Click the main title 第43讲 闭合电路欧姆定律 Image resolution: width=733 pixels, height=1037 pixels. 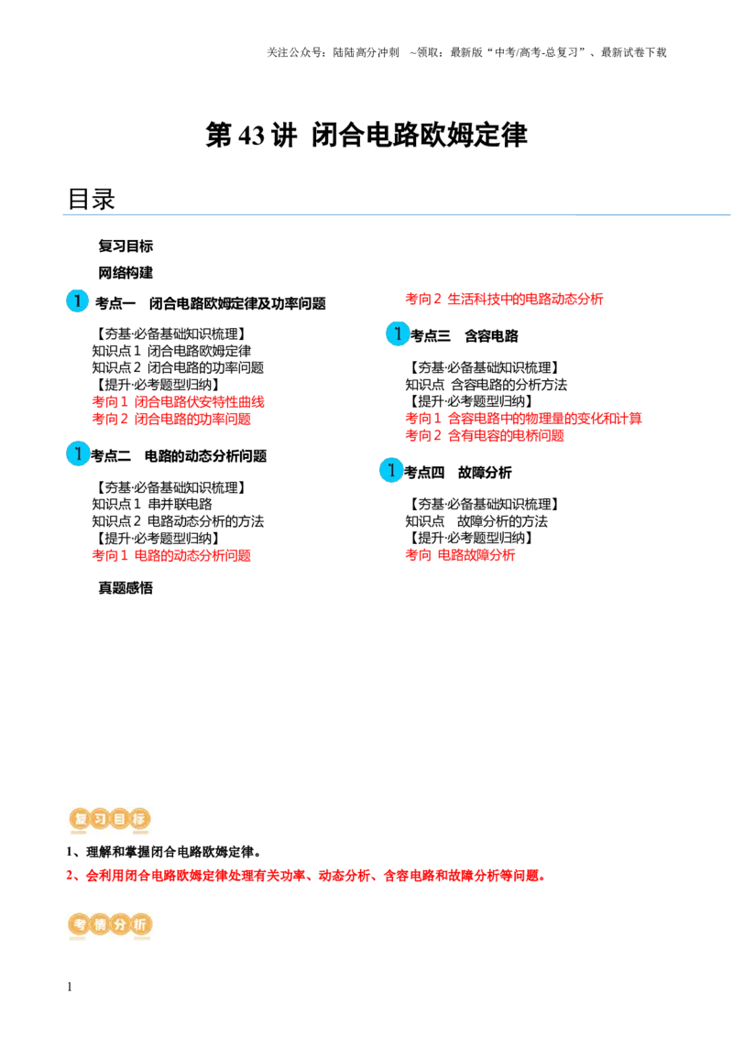(366, 135)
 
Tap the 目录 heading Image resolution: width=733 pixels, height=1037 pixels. (92, 199)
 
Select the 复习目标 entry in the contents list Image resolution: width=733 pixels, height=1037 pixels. (126, 246)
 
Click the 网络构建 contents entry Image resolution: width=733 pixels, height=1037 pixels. (126, 272)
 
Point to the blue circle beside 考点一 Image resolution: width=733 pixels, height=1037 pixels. (77, 300)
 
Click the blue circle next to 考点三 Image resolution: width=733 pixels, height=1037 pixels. (398, 334)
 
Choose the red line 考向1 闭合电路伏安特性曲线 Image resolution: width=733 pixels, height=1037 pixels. (178, 401)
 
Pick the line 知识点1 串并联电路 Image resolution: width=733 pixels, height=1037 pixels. (152, 504)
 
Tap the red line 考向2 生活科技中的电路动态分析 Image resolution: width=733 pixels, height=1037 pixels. (504, 299)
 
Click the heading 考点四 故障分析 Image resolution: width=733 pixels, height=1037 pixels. (458, 472)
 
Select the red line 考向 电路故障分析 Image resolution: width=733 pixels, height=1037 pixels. (461, 555)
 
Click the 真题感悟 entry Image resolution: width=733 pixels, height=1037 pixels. (126, 588)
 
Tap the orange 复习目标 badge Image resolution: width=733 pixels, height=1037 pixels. (110, 819)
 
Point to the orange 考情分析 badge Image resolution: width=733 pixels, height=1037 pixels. (110, 924)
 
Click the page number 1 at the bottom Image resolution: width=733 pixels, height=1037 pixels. (70, 987)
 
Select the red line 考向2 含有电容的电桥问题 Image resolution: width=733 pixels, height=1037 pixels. (485, 435)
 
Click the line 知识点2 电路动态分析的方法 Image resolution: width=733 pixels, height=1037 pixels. (178, 521)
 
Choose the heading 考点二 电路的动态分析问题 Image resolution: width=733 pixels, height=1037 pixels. (179, 455)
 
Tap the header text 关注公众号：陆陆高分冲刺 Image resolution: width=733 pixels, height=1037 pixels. (333, 52)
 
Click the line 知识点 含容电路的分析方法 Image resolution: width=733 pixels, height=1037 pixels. (487, 384)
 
